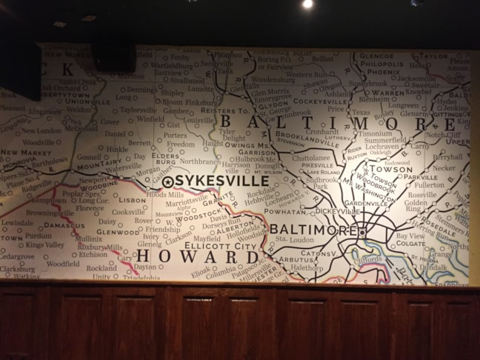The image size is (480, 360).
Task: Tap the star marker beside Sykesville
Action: coord(168,181)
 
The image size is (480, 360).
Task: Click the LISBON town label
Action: coord(132,200)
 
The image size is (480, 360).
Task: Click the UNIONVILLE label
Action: coord(87,101)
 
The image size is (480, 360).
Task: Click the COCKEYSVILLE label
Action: coord(319,101)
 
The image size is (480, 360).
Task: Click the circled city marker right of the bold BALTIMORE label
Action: coord(362,232)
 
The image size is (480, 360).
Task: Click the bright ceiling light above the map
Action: coord(307,4)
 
